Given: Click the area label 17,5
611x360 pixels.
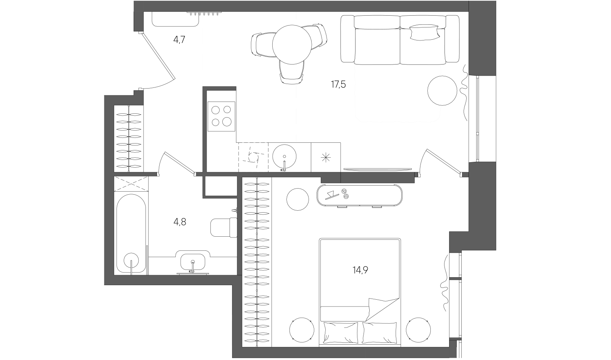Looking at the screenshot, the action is click(338, 84).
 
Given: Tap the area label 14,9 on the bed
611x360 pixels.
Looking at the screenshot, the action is click(360, 270).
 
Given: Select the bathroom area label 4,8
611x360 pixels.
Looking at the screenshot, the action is click(180, 222).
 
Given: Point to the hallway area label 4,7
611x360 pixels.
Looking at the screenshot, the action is click(179, 40).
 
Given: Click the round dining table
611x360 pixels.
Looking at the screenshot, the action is click(292, 44).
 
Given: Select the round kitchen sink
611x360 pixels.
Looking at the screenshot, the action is click(284, 157).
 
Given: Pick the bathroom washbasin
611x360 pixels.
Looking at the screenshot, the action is click(193, 262).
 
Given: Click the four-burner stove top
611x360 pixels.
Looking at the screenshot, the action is click(221, 116).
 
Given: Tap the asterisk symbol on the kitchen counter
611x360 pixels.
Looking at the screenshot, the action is click(326, 158).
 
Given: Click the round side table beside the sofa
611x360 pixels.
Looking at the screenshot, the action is click(442, 90).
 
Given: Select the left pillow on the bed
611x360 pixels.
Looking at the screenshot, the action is click(340, 333).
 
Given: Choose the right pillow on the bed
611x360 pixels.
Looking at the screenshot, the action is click(380, 333).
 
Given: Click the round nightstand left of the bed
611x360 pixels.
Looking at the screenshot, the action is click(302, 330).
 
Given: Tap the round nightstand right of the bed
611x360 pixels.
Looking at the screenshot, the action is click(419, 330).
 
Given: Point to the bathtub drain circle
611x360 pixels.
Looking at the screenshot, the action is click(131, 260).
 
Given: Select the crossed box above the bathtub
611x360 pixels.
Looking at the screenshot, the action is click(131, 184).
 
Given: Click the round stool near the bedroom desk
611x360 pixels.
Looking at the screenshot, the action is click(297, 199).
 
